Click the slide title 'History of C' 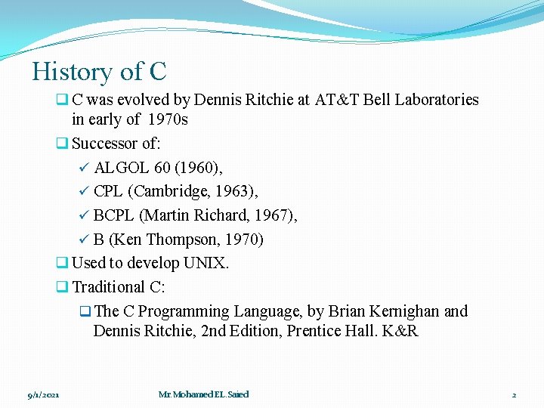99,72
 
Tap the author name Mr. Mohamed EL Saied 203,394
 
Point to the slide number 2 514,394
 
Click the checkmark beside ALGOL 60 85,168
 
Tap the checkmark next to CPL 85,192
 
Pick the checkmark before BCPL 85,216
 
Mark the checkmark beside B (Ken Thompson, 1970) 85,240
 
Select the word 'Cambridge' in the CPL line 173,192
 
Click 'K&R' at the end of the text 401,331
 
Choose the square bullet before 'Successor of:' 63,144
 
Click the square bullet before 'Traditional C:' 63,288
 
